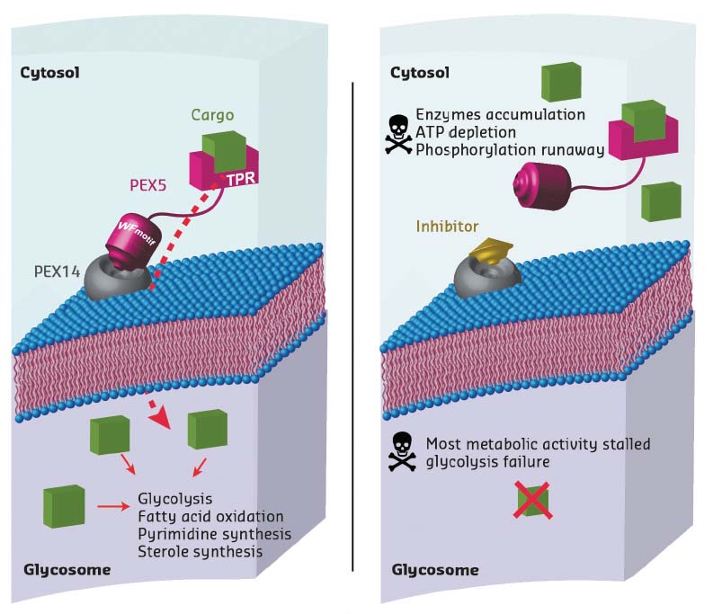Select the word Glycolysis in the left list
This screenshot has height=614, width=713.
(174, 499)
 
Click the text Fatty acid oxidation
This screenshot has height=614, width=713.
(210, 516)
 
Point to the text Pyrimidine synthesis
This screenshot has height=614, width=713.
(214, 533)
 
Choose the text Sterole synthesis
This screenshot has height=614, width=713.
(200, 551)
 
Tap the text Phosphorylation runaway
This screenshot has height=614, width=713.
(510, 149)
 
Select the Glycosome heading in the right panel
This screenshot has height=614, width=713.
(435, 570)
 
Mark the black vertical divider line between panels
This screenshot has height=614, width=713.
(353, 324)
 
